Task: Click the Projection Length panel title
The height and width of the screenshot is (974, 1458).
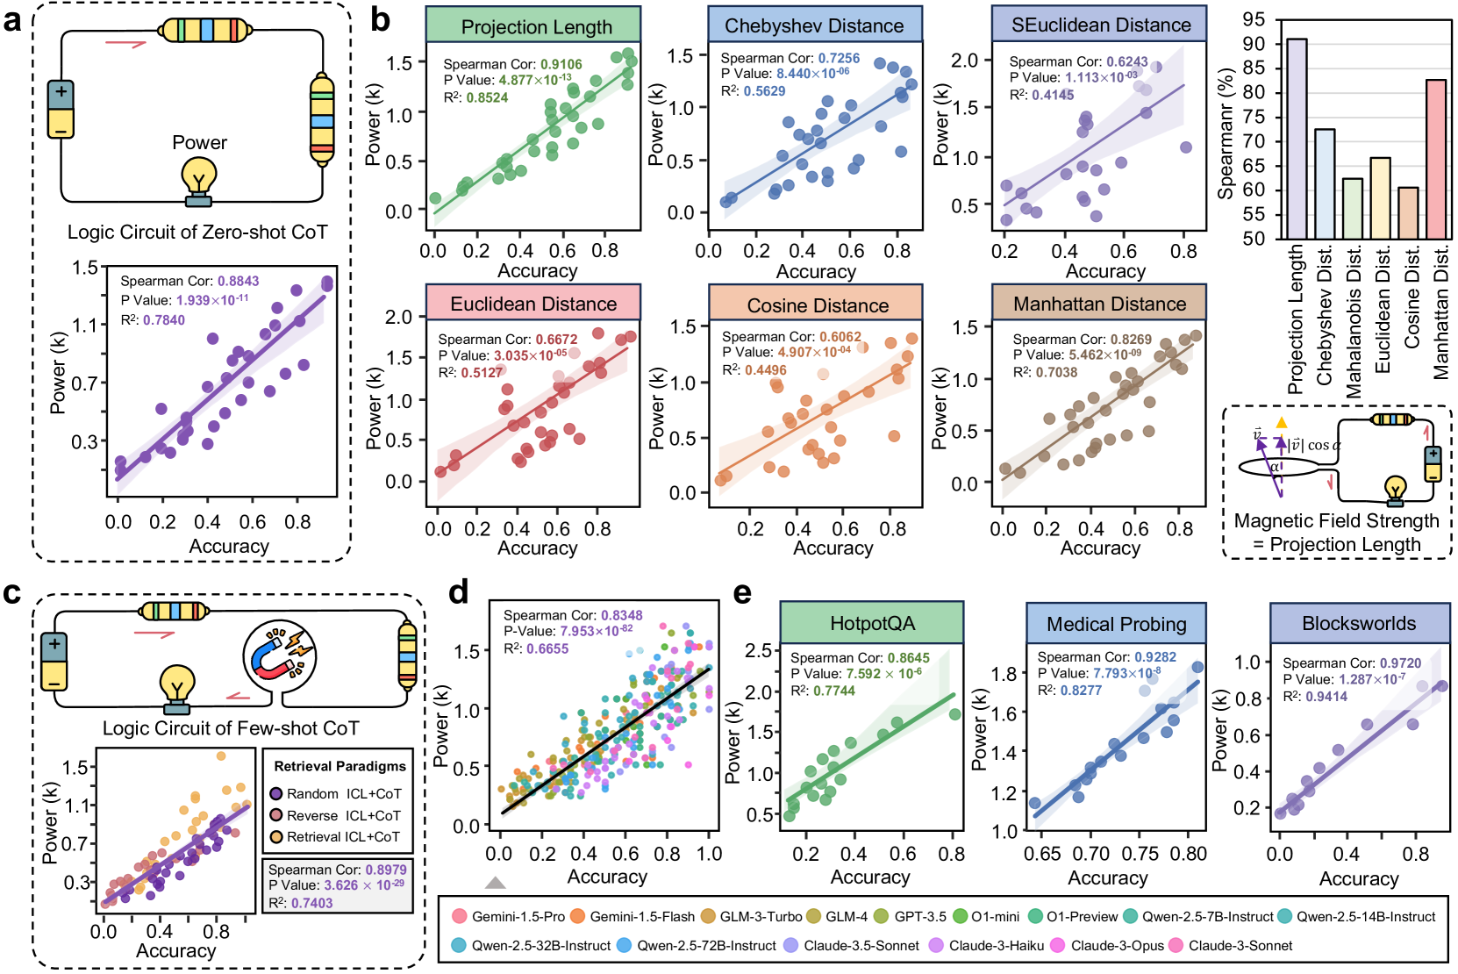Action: [x=536, y=26]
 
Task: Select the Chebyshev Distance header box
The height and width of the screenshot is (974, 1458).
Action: [x=814, y=25]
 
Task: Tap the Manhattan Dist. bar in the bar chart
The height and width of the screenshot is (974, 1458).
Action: [x=1436, y=159]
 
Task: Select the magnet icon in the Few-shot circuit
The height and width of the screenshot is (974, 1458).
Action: [x=278, y=653]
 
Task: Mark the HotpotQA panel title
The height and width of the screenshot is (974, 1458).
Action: [x=872, y=624]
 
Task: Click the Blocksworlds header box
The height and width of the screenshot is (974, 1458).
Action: [x=1358, y=624]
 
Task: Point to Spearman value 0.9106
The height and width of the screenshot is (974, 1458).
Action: [x=561, y=64]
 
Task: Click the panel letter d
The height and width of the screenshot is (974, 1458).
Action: [x=458, y=593]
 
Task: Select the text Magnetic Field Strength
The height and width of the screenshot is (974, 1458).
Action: [x=1336, y=521]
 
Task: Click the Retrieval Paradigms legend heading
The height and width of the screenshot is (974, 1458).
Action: [x=339, y=766]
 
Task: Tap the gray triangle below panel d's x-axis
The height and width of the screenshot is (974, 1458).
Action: [x=496, y=883]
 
